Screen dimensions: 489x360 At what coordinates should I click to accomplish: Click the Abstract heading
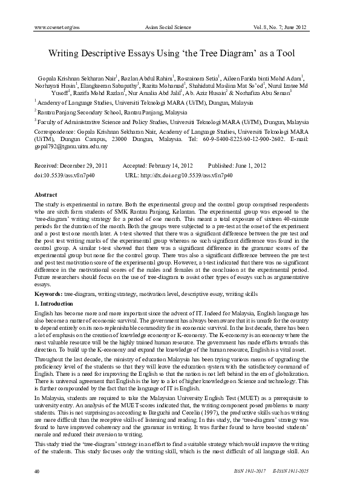point(46,195)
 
